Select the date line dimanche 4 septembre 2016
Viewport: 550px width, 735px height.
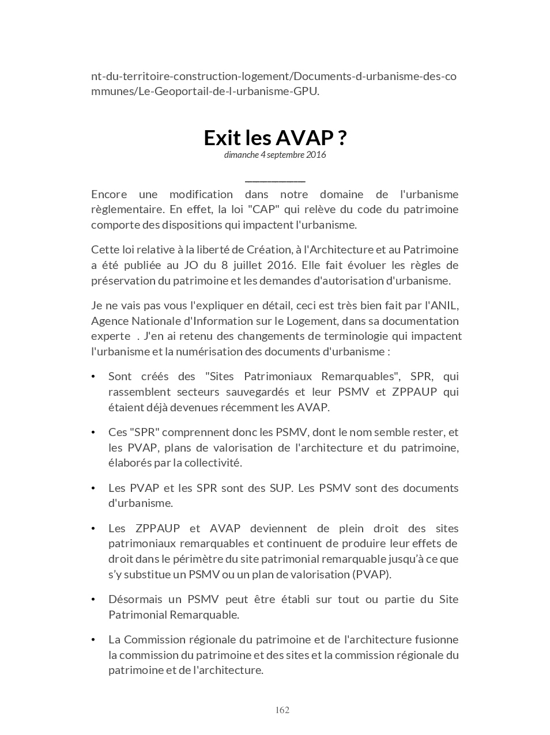click(275, 154)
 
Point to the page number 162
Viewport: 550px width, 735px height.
click(282, 710)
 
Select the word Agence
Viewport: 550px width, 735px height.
click(108, 321)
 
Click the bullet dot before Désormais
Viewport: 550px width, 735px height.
click(93, 600)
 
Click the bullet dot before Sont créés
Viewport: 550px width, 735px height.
click(93, 377)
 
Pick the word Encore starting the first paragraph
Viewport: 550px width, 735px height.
click(109, 194)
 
